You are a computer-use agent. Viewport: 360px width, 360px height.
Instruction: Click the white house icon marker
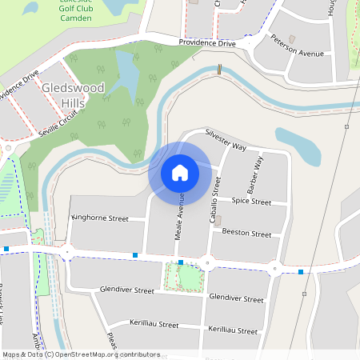coord(180,172)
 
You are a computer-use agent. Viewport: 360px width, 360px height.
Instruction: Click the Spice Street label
coord(251,202)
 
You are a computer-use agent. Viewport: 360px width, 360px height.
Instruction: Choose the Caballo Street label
coord(215,195)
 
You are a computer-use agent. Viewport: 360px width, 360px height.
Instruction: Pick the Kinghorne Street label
coord(100,218)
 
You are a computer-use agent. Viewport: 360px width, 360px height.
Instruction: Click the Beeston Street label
coord(247,234)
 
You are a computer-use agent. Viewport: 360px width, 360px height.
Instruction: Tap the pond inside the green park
coord(126,76)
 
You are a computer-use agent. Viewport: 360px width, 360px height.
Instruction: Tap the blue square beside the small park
coord(181,262)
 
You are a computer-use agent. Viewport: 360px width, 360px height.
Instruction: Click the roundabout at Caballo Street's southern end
coord(207,262)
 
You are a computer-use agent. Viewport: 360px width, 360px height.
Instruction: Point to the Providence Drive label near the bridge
coord(207,43)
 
